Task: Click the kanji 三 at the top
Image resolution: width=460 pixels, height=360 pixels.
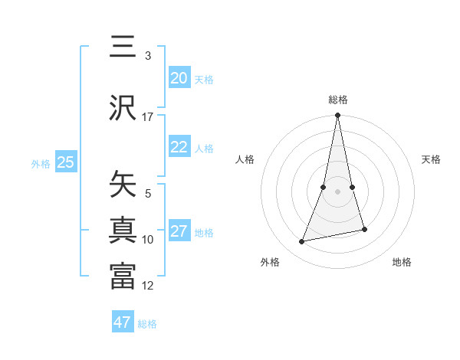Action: [123, 47]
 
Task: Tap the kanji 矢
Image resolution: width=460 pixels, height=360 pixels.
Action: [123, 184]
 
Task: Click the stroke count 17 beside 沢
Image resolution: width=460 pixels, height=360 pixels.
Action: [148, 117]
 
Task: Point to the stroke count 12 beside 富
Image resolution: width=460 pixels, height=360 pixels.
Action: [148, 286]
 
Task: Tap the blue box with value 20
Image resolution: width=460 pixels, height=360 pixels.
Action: [179, 78]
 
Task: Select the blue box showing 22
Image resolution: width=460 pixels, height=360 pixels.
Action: [179, 147]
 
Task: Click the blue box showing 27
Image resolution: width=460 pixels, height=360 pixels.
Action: [179, 231]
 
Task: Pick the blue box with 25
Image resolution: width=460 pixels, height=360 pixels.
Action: [65, 162]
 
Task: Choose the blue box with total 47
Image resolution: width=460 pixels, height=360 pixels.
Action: [123, 322]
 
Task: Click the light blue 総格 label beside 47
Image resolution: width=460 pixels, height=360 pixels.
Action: [147, 324]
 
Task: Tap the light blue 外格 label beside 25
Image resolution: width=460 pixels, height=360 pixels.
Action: [41, 163]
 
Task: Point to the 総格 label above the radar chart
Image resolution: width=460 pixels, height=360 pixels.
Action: [338, 100]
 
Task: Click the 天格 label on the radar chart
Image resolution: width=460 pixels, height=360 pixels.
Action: [431, 159]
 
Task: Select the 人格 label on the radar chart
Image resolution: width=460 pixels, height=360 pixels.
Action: [245, 159]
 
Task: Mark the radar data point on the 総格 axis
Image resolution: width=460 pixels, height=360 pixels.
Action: [337, 116]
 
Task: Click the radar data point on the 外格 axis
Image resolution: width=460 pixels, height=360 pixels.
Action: [302, 241]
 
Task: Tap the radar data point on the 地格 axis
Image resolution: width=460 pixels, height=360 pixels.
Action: [364, 229]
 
